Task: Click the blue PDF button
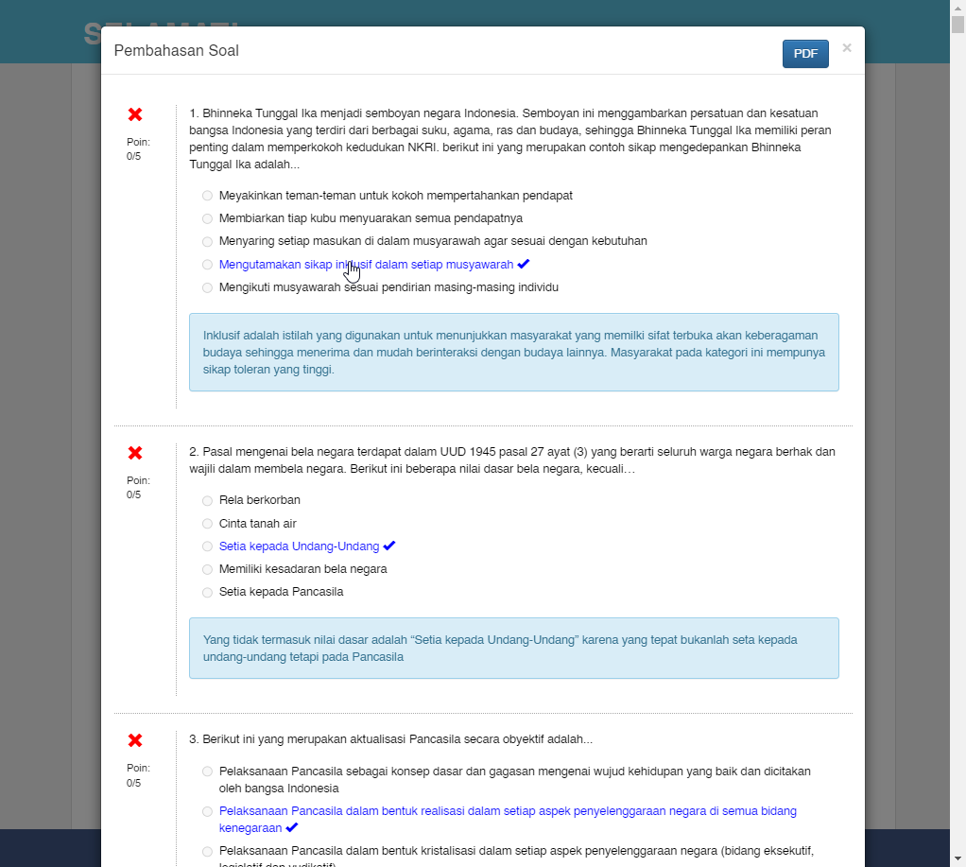(x=805, y=54)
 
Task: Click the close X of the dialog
(x=847, y=47)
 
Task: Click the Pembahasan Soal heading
(x=177, y=51)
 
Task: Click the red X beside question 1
(x=135, y=114)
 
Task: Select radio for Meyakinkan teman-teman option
(x=207, y=196)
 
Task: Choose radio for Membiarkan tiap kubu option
(x=207, y=218)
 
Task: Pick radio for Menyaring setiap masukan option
(x=207, y=242)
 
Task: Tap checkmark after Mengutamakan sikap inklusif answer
(x=524, y=264)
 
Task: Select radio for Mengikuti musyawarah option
(x=207, y=287)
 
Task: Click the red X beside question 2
(x=135, y=453)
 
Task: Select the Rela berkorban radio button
(x=207, y=501)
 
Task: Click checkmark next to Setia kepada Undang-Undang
(x=389, y=546)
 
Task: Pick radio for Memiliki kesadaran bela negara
(x=207, y=570)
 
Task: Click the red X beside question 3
(x=135, y=740)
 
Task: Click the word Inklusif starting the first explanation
(x=224, y=336)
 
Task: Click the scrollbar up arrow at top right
(x=957, y=8)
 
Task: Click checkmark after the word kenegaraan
(x=291, y=827)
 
